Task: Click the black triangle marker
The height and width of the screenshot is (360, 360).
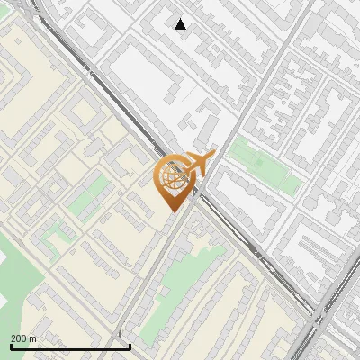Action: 181,24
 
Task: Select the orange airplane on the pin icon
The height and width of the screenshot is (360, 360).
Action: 198,163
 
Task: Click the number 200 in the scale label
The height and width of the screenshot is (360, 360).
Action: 20,338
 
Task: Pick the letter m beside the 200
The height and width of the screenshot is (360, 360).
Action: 33,338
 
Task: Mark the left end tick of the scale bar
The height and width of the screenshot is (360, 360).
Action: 11,346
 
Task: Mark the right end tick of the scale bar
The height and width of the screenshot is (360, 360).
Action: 130,346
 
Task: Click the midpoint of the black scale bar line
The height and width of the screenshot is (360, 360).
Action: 70,346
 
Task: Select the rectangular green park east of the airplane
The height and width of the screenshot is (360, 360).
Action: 265,165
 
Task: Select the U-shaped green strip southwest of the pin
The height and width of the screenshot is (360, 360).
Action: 54,236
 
